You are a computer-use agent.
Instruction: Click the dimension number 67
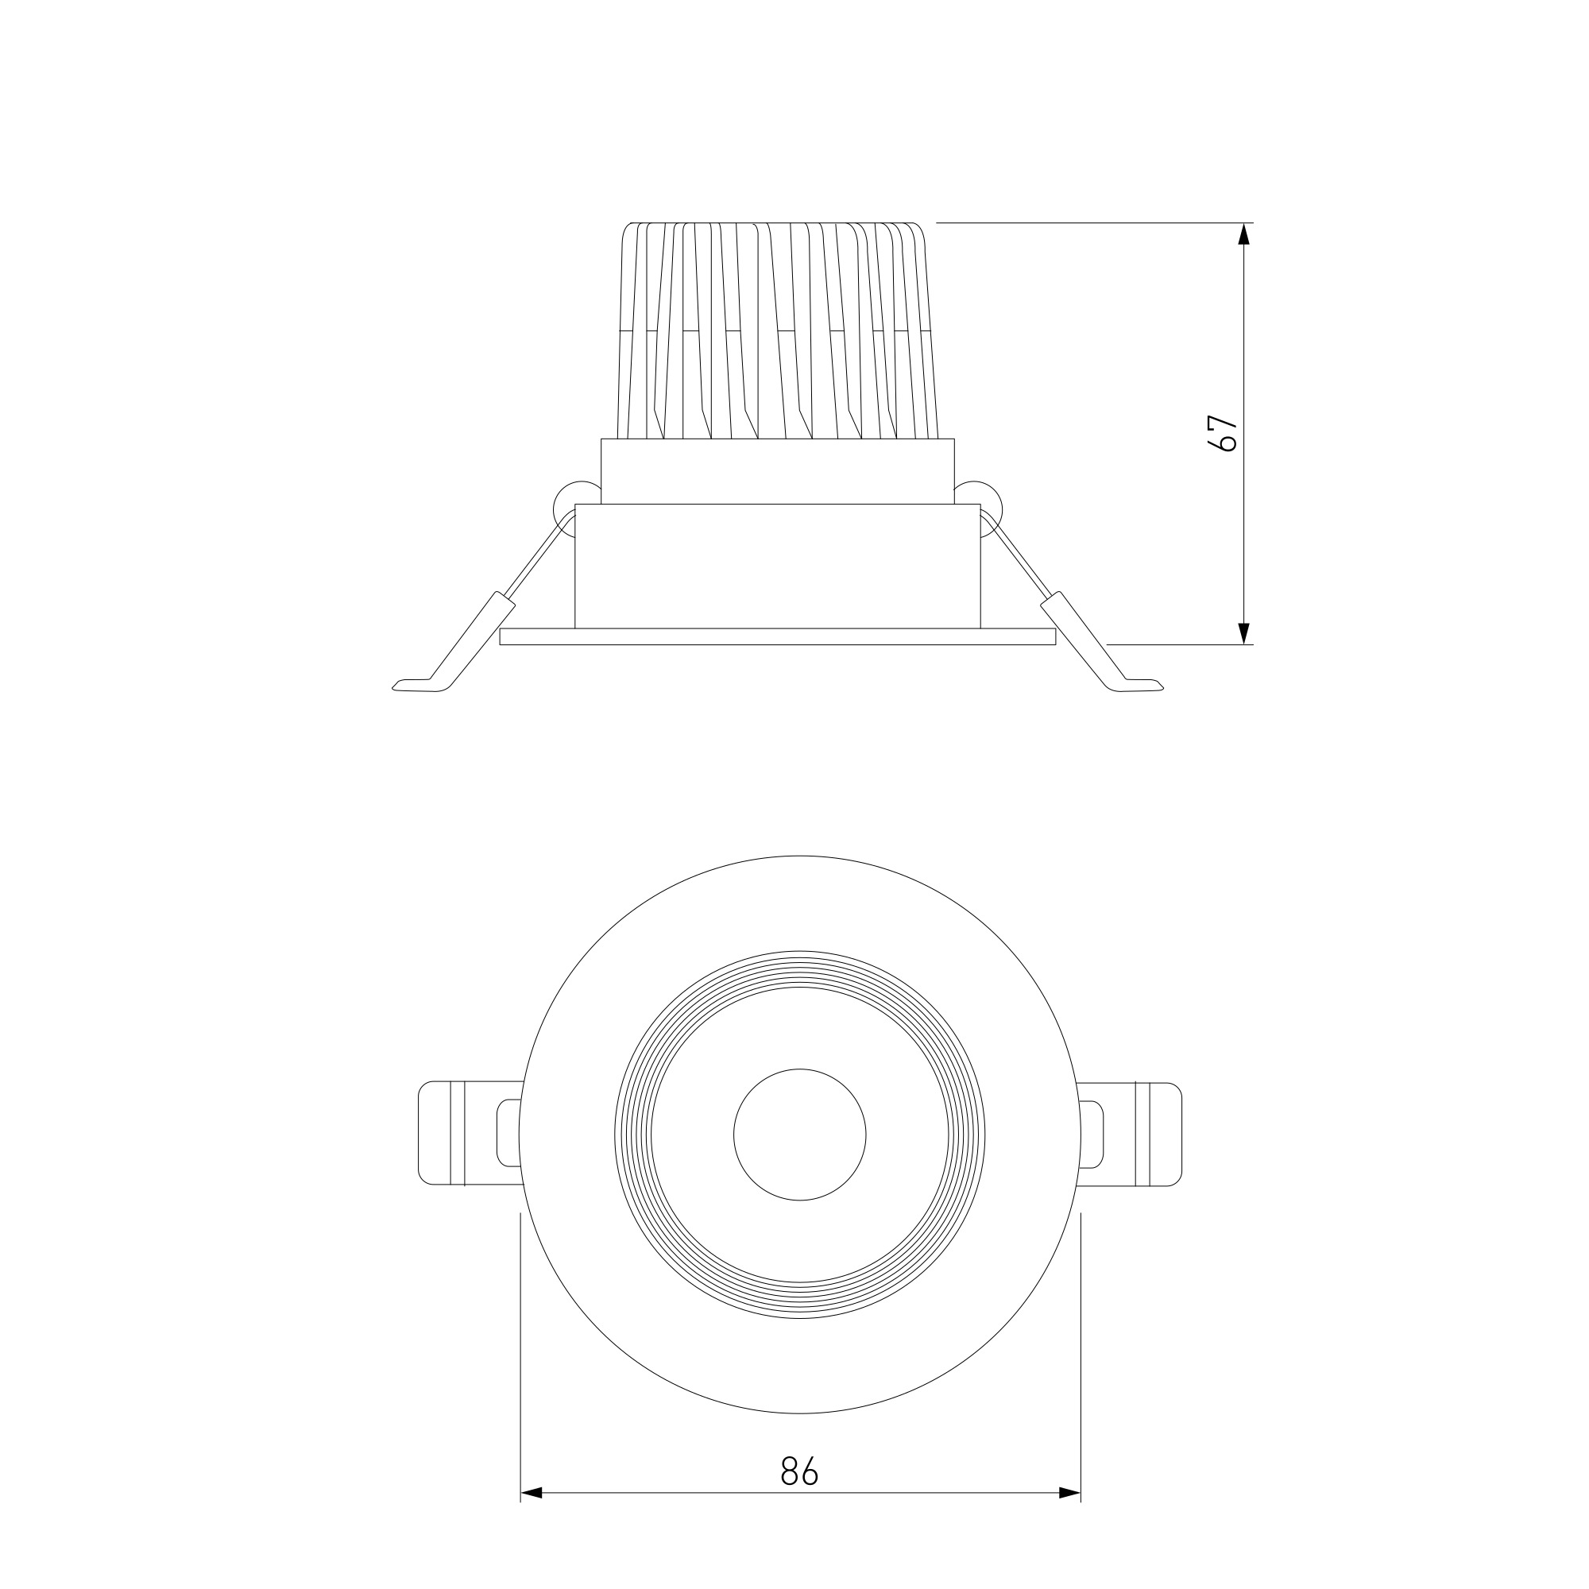[x=1224, y=433]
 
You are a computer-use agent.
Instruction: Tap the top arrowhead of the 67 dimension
[x=1243, y=234]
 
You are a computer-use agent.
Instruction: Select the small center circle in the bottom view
[x=799, y=1135]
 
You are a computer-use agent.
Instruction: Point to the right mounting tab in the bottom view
[x=1130, y=1135]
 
